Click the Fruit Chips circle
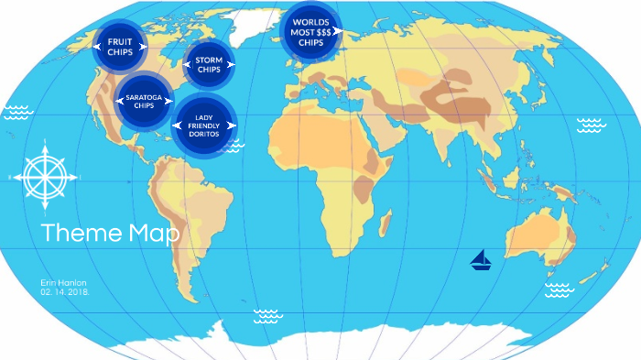120,47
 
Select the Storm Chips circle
210,64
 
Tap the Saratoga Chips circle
143,100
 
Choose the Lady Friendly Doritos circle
204,125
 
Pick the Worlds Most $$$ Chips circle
310,30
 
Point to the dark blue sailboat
482,261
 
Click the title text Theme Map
110,233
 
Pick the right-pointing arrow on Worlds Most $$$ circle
337,30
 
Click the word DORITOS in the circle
204,134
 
